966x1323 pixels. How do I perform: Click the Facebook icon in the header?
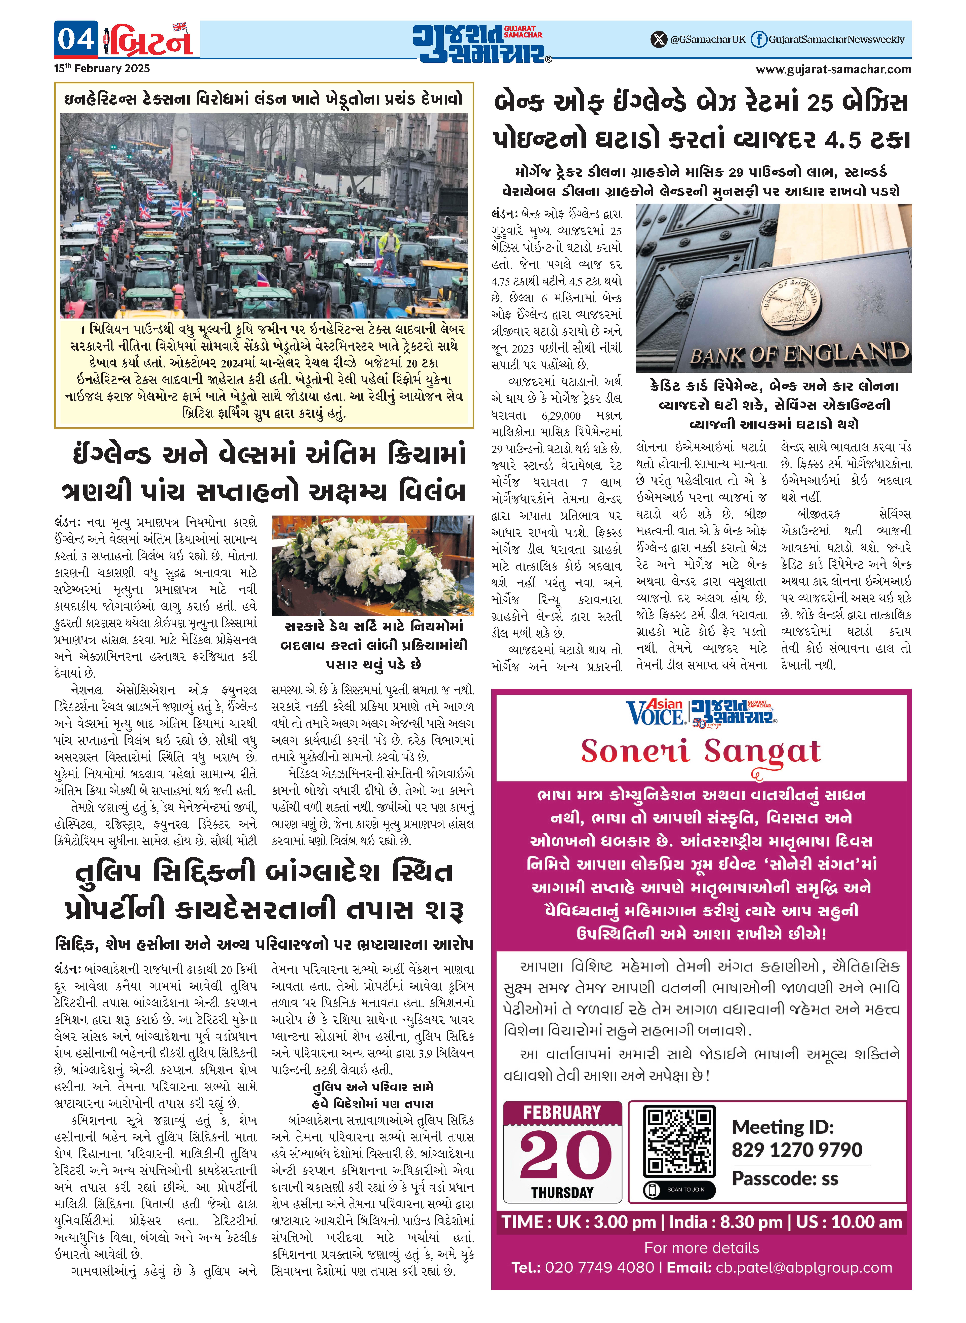click(x=758, y=39)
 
